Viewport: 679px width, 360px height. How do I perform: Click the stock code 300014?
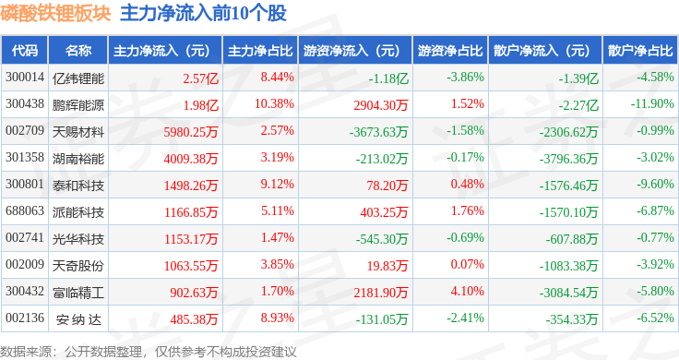[x=25, y=78]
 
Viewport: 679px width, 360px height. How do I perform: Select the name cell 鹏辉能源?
[x=78, y=105]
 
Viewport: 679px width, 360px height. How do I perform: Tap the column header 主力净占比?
[x=260, y=51]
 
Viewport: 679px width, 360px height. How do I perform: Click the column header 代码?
[x=25, y=51]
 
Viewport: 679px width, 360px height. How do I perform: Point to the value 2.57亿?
[x=200, y=78]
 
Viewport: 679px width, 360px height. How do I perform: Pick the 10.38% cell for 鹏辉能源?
[x=274, y=104]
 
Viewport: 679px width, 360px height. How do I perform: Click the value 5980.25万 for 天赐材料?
[x=191, y=132]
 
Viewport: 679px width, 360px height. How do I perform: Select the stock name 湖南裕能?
[x=78, y=159]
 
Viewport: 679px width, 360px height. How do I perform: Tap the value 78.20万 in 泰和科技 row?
[x=387, y=186]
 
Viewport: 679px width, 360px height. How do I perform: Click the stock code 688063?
[x=25, y=211]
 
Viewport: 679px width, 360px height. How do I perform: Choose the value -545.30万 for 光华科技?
[x=382, y=239]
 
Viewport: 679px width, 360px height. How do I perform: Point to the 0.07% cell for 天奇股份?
[x=467, y=264]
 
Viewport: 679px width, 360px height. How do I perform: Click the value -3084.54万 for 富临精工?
[x=568, y=293]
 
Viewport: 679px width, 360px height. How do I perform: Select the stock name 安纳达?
[x=78, y=319]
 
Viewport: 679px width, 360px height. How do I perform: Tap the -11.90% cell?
[x=652, y=104]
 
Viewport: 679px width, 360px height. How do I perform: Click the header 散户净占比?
[x=640, y=51]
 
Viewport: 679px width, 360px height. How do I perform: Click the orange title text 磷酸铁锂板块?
[x=56, y=13]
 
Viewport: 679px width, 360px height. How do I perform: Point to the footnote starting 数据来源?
[x=149, y=352]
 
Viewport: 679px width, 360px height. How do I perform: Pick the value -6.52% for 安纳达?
[x=655, y=318]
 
